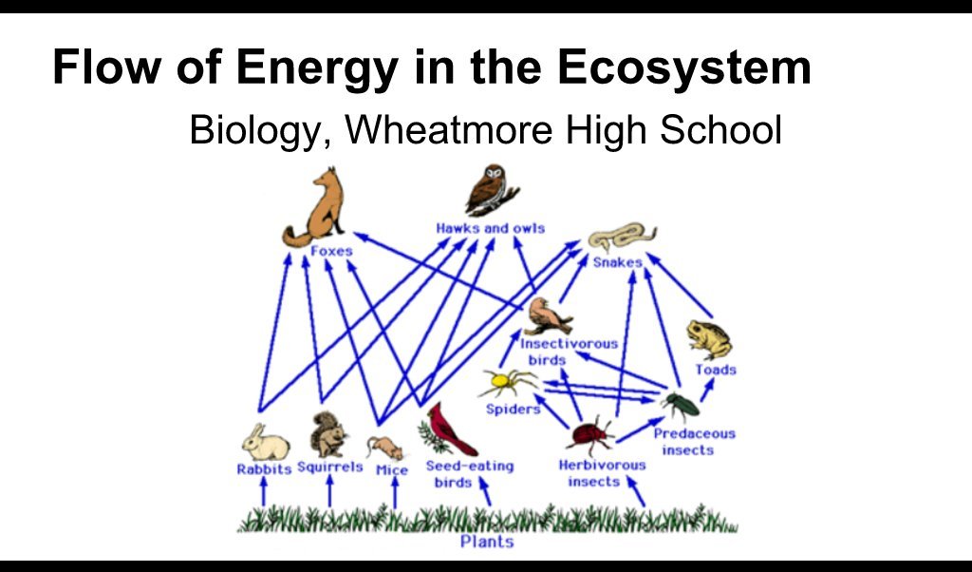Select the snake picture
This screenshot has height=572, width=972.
pos(622,237)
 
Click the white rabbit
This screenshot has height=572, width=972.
pos(264,444)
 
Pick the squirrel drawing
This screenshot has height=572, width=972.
pos(328,436)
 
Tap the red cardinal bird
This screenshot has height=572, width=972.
pos(449,430)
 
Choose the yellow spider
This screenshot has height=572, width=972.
pos(505,382)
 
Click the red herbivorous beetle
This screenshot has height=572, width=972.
pos(589,436)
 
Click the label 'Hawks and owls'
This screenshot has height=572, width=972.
pos(490,228)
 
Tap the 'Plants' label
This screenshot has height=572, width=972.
pos(487,542)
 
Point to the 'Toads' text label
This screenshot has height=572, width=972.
pos(715,370)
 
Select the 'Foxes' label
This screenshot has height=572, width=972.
pos(331,252)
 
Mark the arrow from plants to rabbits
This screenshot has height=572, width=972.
pos(264,491)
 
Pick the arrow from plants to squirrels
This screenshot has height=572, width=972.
pos(329,491)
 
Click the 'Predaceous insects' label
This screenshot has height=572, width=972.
pos(694,442)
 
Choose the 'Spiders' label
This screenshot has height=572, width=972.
pos(513,410)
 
